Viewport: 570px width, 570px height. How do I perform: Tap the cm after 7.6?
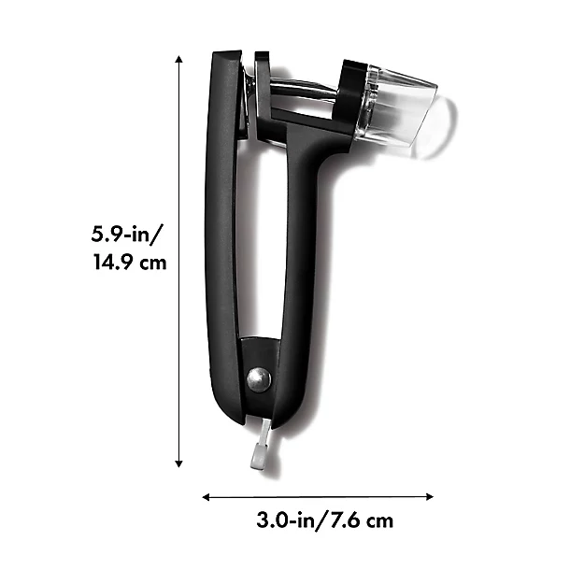pos(379,520)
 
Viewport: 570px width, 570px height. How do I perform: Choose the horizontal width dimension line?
pos(319,498)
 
